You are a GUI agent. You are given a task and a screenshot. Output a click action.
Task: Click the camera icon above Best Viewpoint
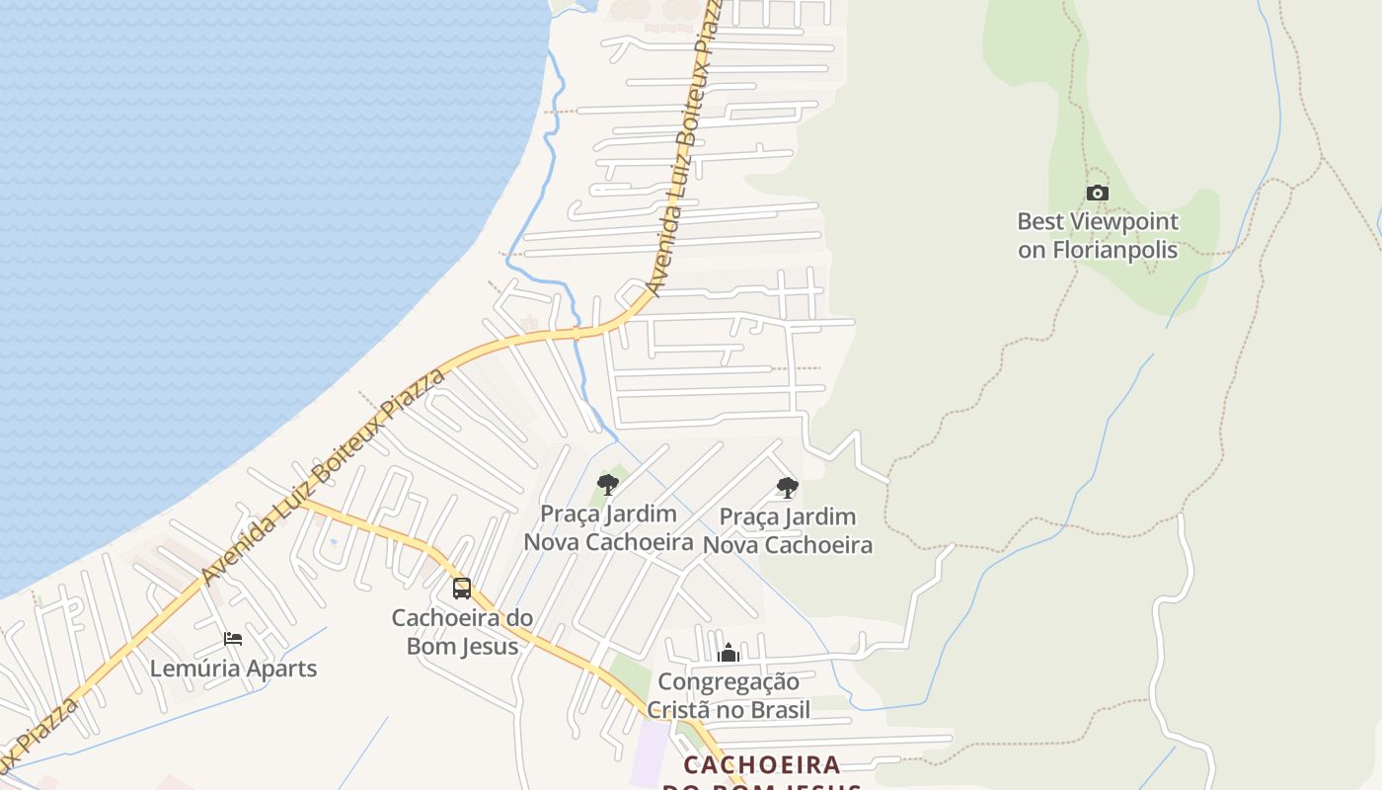point(1098,194)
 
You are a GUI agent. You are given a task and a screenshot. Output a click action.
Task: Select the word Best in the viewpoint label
point(1040,222)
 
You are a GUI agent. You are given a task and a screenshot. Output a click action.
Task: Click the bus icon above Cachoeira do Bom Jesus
point(462,589)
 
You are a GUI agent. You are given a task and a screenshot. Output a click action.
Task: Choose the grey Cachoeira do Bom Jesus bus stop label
point(462,632)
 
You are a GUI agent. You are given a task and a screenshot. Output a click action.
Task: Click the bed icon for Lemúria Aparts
point(233,639)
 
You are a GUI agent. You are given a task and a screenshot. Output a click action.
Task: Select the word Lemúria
point(194,669)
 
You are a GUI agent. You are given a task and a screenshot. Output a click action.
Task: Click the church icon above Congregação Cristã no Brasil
point(729,653)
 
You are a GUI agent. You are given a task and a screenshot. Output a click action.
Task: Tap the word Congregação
point(729,681)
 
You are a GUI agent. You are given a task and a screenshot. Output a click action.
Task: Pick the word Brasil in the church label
point(779,710)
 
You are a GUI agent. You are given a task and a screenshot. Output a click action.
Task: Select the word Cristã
point(684,710)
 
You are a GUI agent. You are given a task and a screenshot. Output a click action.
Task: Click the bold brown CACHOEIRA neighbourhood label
point(762,765)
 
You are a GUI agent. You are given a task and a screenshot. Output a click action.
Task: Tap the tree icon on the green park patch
point(608,484)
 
